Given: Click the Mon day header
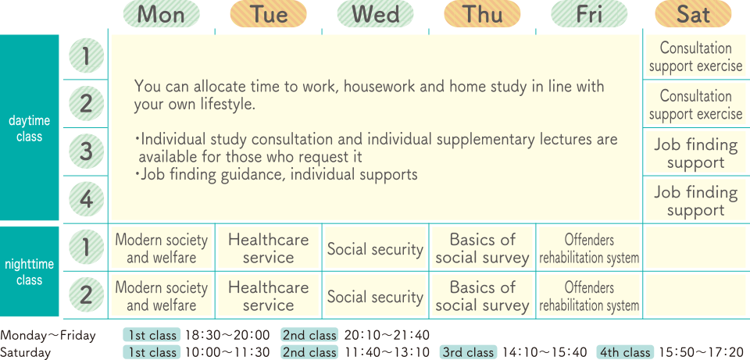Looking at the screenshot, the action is click(161, 14).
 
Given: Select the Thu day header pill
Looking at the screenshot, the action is click(482, 14).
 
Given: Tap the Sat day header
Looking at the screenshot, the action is click(693, 14).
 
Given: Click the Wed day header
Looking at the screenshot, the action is click(376, 14).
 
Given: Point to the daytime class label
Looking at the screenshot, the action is click(29, 129).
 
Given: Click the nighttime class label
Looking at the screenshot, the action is click(29, 272).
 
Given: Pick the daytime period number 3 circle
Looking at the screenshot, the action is click(86, 151).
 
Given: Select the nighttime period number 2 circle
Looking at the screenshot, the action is click(86, 295).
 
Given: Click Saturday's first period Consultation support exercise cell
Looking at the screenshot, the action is click(695, 56).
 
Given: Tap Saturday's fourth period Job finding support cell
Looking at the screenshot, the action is click(695, 201).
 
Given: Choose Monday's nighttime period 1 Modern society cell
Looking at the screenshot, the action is click(162, 248).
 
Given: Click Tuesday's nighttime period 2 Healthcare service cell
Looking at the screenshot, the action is click(268, 296).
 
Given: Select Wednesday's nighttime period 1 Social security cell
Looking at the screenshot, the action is click(376, 248).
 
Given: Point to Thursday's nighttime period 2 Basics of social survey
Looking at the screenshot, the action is click(482, 296).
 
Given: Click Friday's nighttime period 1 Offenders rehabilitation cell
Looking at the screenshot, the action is click(589, 248).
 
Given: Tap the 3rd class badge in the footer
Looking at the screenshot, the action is click(468, 352).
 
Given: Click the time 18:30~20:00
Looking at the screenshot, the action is click(227, 335).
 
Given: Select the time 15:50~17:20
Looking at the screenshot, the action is click(701, 352).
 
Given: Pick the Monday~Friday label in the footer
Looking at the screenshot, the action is click(48, 336).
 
